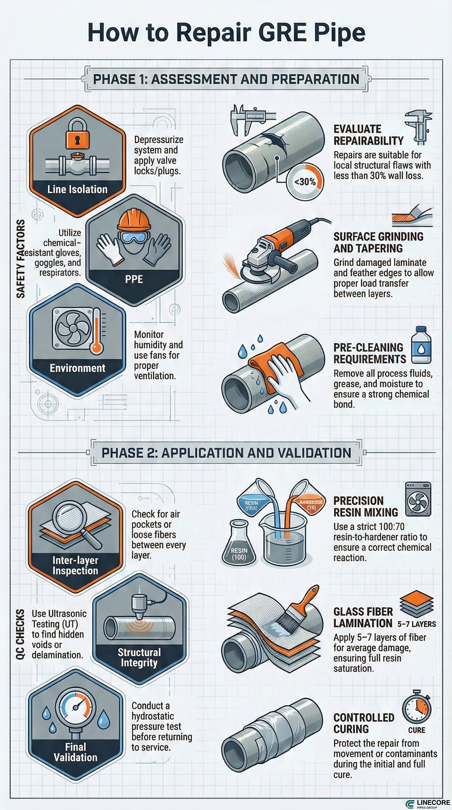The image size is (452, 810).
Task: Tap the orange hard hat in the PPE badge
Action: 134,221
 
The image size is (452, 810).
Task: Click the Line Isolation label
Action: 77,189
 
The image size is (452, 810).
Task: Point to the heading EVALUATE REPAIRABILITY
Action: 368,135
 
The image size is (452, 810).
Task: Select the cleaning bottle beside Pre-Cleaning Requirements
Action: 421,345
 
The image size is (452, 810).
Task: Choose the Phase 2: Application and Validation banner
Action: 226,453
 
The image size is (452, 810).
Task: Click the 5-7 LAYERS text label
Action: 416,624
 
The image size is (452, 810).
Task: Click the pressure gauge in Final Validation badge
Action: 75,707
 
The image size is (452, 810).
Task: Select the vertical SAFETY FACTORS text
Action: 21,259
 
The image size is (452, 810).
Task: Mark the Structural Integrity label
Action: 139,658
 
